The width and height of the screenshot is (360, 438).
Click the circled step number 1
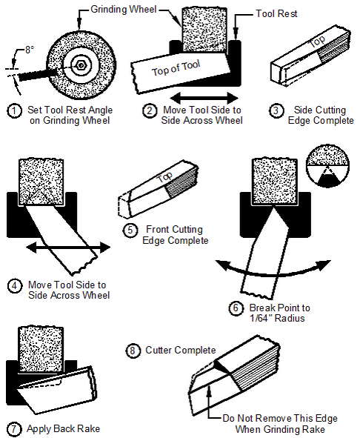(x=14, y=111)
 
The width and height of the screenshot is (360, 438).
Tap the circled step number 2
(x=150, y=111)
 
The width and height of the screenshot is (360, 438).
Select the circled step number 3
(x=276, y=110)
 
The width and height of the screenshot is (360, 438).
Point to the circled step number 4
(x=15, y=286)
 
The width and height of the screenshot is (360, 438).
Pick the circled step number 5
(x=130, y=230)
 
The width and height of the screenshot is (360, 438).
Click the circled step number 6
(x=236, y=308)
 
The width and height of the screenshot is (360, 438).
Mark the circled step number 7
(x=13, y=429)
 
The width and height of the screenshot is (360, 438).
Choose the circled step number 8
(x=133, y=351)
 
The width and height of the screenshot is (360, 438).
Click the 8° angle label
(x=30, y=50)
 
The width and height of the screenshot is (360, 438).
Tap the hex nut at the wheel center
(x=81, y=65)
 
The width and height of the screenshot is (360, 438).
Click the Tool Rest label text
(x=276, y=13)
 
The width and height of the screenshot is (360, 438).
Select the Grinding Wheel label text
(x=124, y=9)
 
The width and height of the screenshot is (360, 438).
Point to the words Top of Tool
(x=176, y=68)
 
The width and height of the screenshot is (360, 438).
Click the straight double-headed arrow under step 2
(x=204, y=98)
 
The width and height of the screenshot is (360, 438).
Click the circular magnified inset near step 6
(x=327, y=166)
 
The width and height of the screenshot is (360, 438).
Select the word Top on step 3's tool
(x=318, y=42)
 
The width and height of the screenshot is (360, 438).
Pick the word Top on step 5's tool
(x=164, y=177)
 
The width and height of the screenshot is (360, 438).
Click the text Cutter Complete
(x=181, y=351)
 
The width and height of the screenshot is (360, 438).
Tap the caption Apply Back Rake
(x=63, y=429)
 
